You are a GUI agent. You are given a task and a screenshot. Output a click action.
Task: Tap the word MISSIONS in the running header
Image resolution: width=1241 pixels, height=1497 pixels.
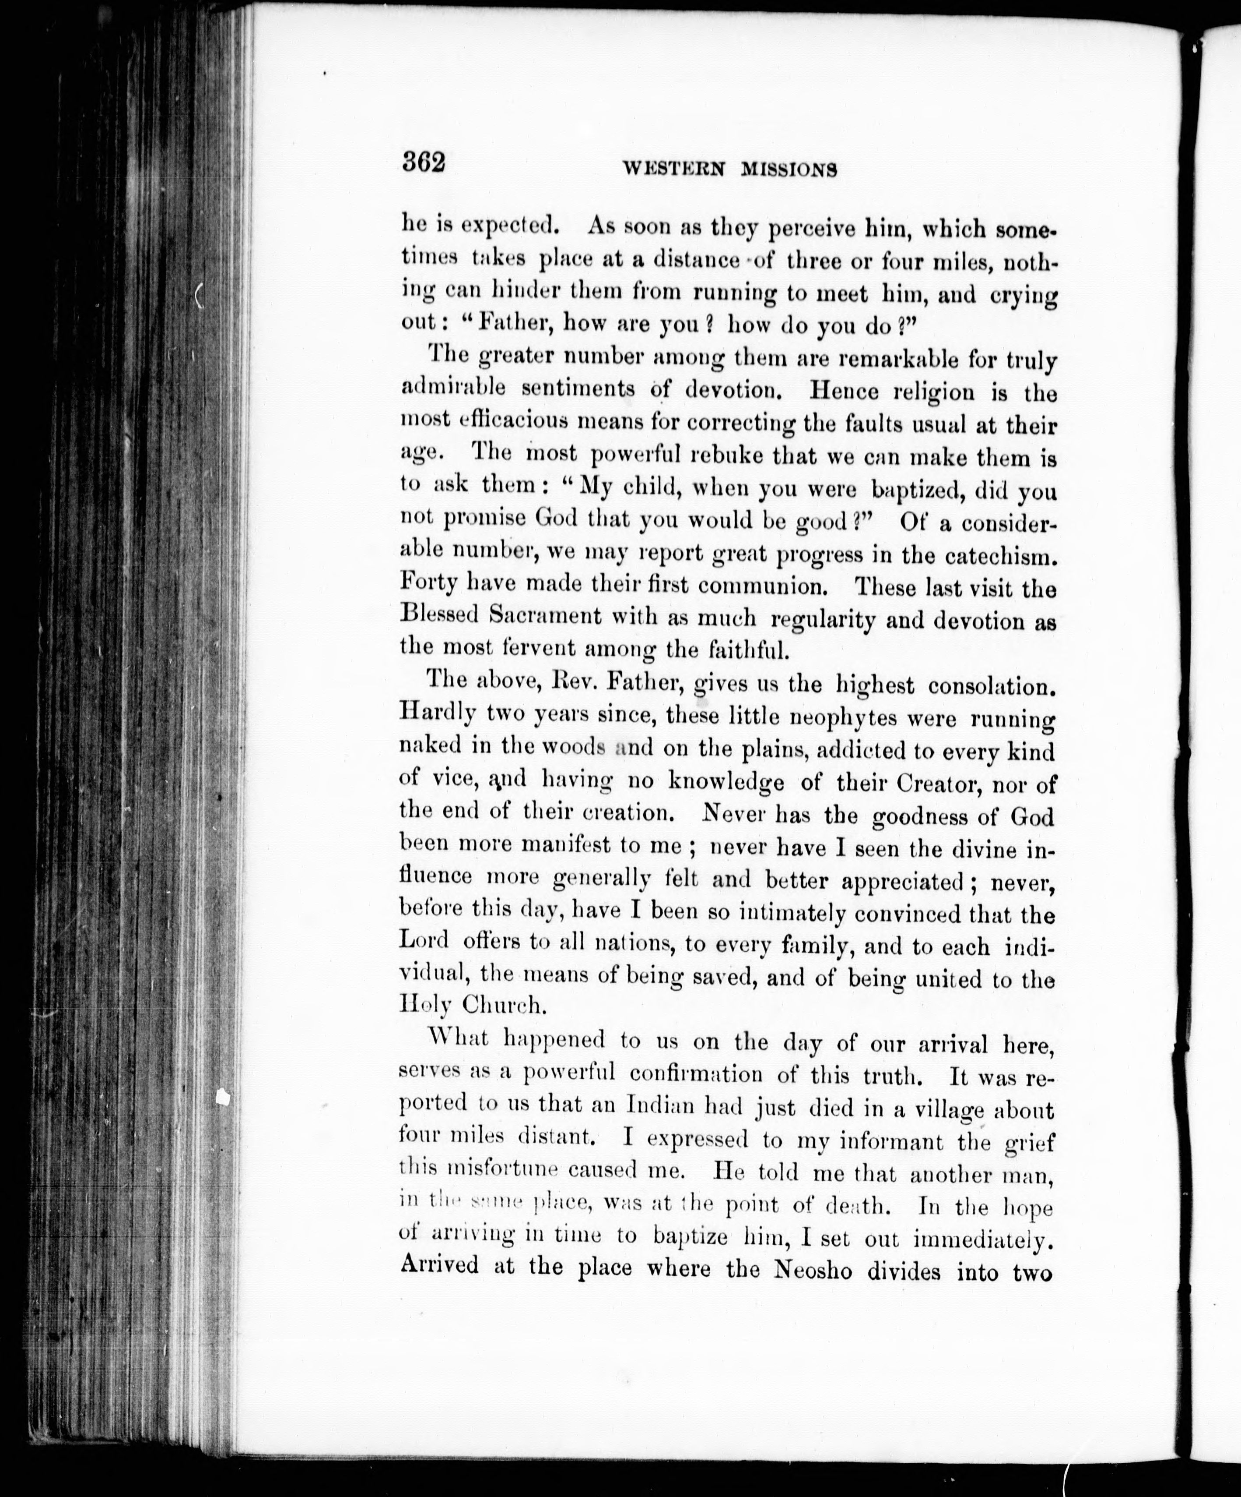pyautogui.click(x=788, y=169)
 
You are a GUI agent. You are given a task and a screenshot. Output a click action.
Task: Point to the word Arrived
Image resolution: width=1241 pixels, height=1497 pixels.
pyautogui.click(x=439, y=1267)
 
